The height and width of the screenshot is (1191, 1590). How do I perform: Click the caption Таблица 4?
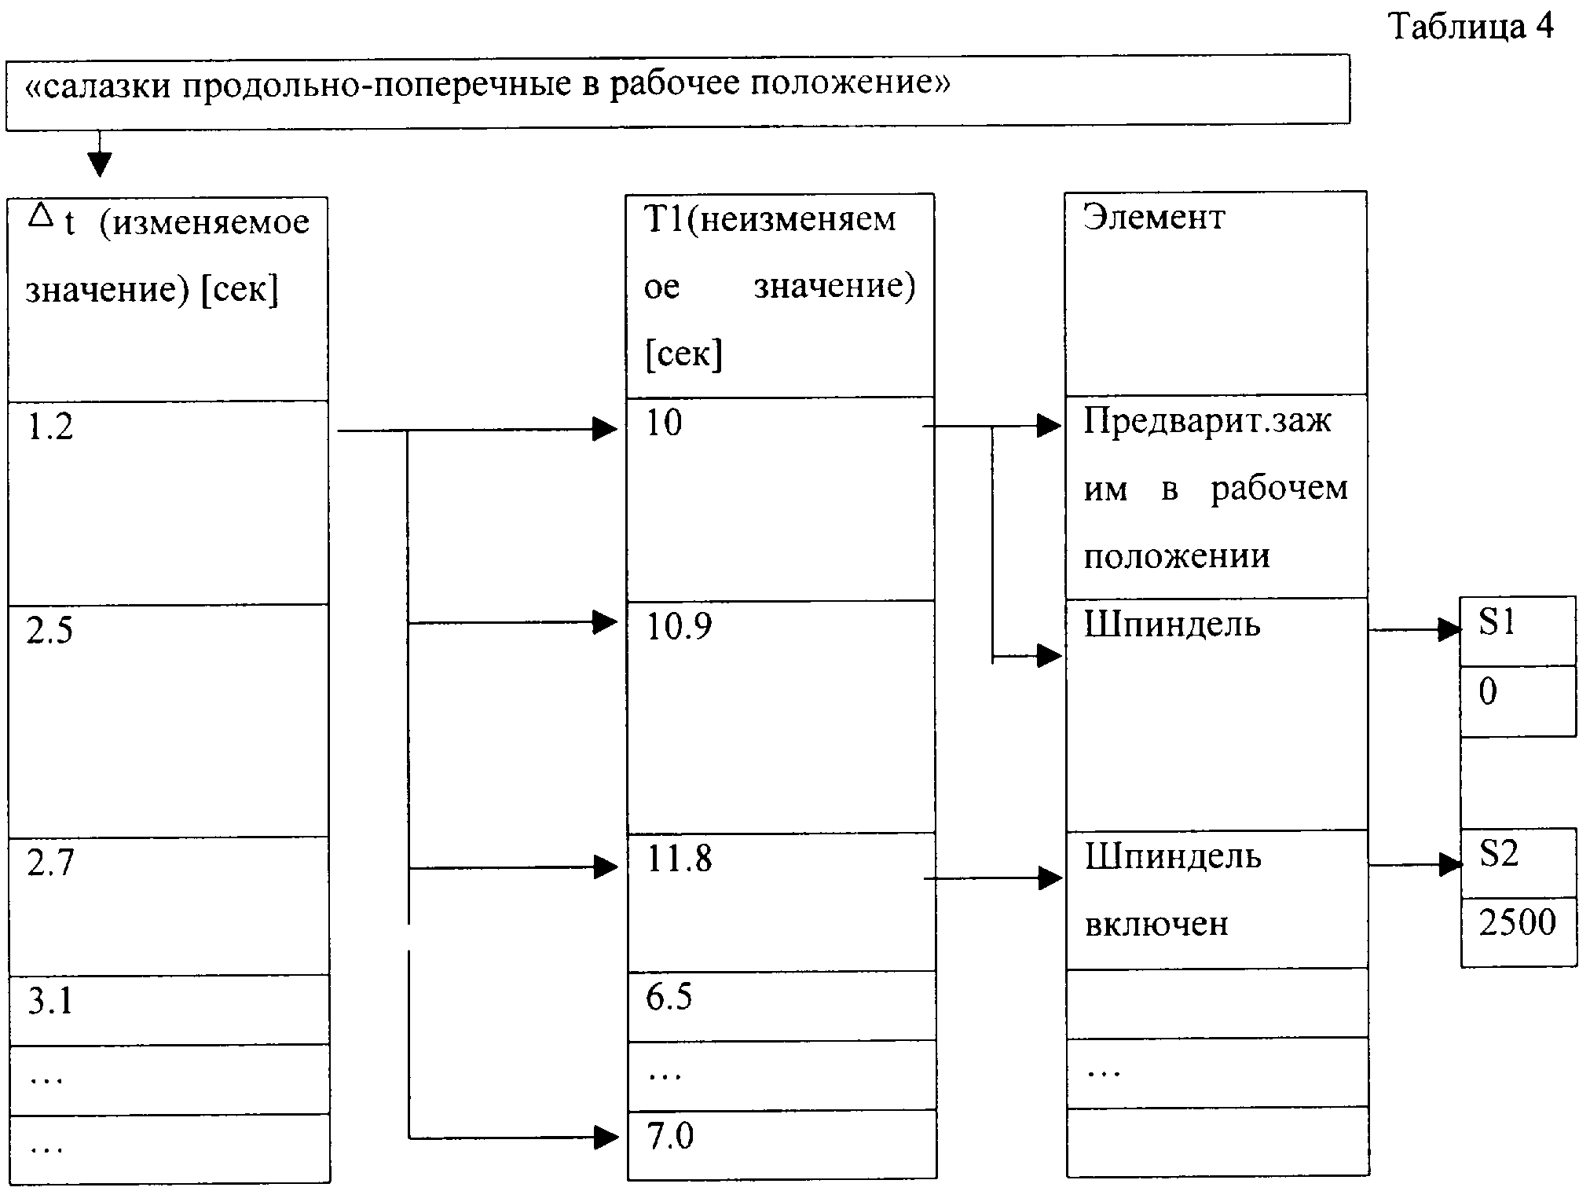click(1471, 27)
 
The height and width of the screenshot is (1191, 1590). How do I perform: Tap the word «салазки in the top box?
click(99, 84)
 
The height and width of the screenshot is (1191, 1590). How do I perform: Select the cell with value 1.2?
click(168, 503)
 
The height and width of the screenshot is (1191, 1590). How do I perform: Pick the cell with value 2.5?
click(168, 720)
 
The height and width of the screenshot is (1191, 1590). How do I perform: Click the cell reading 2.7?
click(168, 906)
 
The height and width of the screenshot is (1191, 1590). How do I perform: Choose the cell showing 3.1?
click(168, 1010)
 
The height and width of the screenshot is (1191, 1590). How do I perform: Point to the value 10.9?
click(679, 627)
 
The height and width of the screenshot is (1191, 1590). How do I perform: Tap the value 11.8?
click(679, 859)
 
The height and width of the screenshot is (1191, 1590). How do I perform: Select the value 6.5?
click(669, 997)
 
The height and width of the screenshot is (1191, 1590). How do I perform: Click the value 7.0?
click(670, 1136)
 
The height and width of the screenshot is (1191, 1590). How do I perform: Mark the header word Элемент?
click(1154, 217)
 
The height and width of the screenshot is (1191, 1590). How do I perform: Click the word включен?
click(1156, 924)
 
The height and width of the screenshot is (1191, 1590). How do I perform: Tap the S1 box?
click(1518, 632)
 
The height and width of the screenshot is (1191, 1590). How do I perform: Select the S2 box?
click(1519, 863)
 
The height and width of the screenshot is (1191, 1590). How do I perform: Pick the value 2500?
click(1517, 922)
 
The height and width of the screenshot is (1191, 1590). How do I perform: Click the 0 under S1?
click(1488, 692)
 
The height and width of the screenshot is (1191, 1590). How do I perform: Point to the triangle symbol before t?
click(40, 214)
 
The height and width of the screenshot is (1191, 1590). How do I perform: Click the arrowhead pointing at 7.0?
click(606, 1137)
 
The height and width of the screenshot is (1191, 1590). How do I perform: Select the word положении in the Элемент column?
click(1177, 556)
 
